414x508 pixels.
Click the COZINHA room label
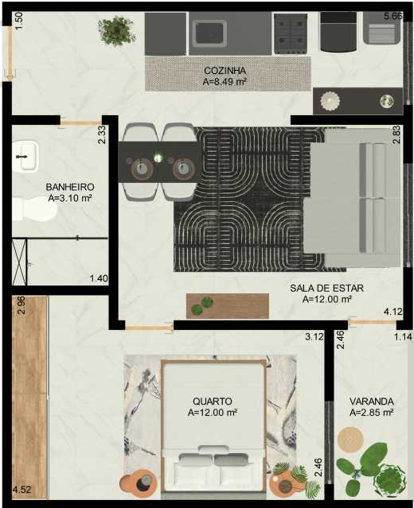(225, 71)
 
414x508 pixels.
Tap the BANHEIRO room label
(70, 187)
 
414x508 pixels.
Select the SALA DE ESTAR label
(326, 288)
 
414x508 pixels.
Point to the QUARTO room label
(213, 401)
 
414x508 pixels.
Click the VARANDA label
(372, 401)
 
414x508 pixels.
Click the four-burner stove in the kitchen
(291, 33)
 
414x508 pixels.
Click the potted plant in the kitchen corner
(116, 31)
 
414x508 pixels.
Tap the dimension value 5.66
(393, 16)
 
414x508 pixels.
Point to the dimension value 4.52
(21, 489)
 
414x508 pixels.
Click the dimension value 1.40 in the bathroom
(99, 278)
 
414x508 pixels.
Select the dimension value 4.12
(393, 312)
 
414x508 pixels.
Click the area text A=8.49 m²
(225, 82)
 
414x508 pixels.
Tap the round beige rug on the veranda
(350, 440)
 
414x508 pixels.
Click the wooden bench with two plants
(228, 306)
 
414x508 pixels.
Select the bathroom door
(80, 123)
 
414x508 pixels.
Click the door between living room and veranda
(373, 322)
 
